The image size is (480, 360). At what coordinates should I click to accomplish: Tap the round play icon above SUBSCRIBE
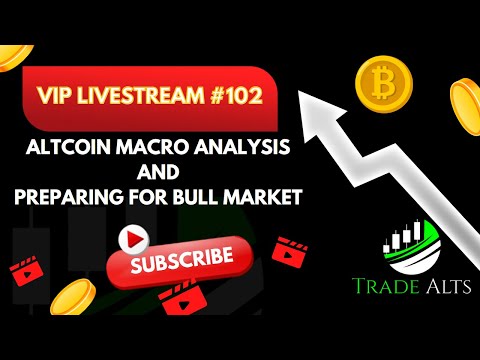(132, 237)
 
